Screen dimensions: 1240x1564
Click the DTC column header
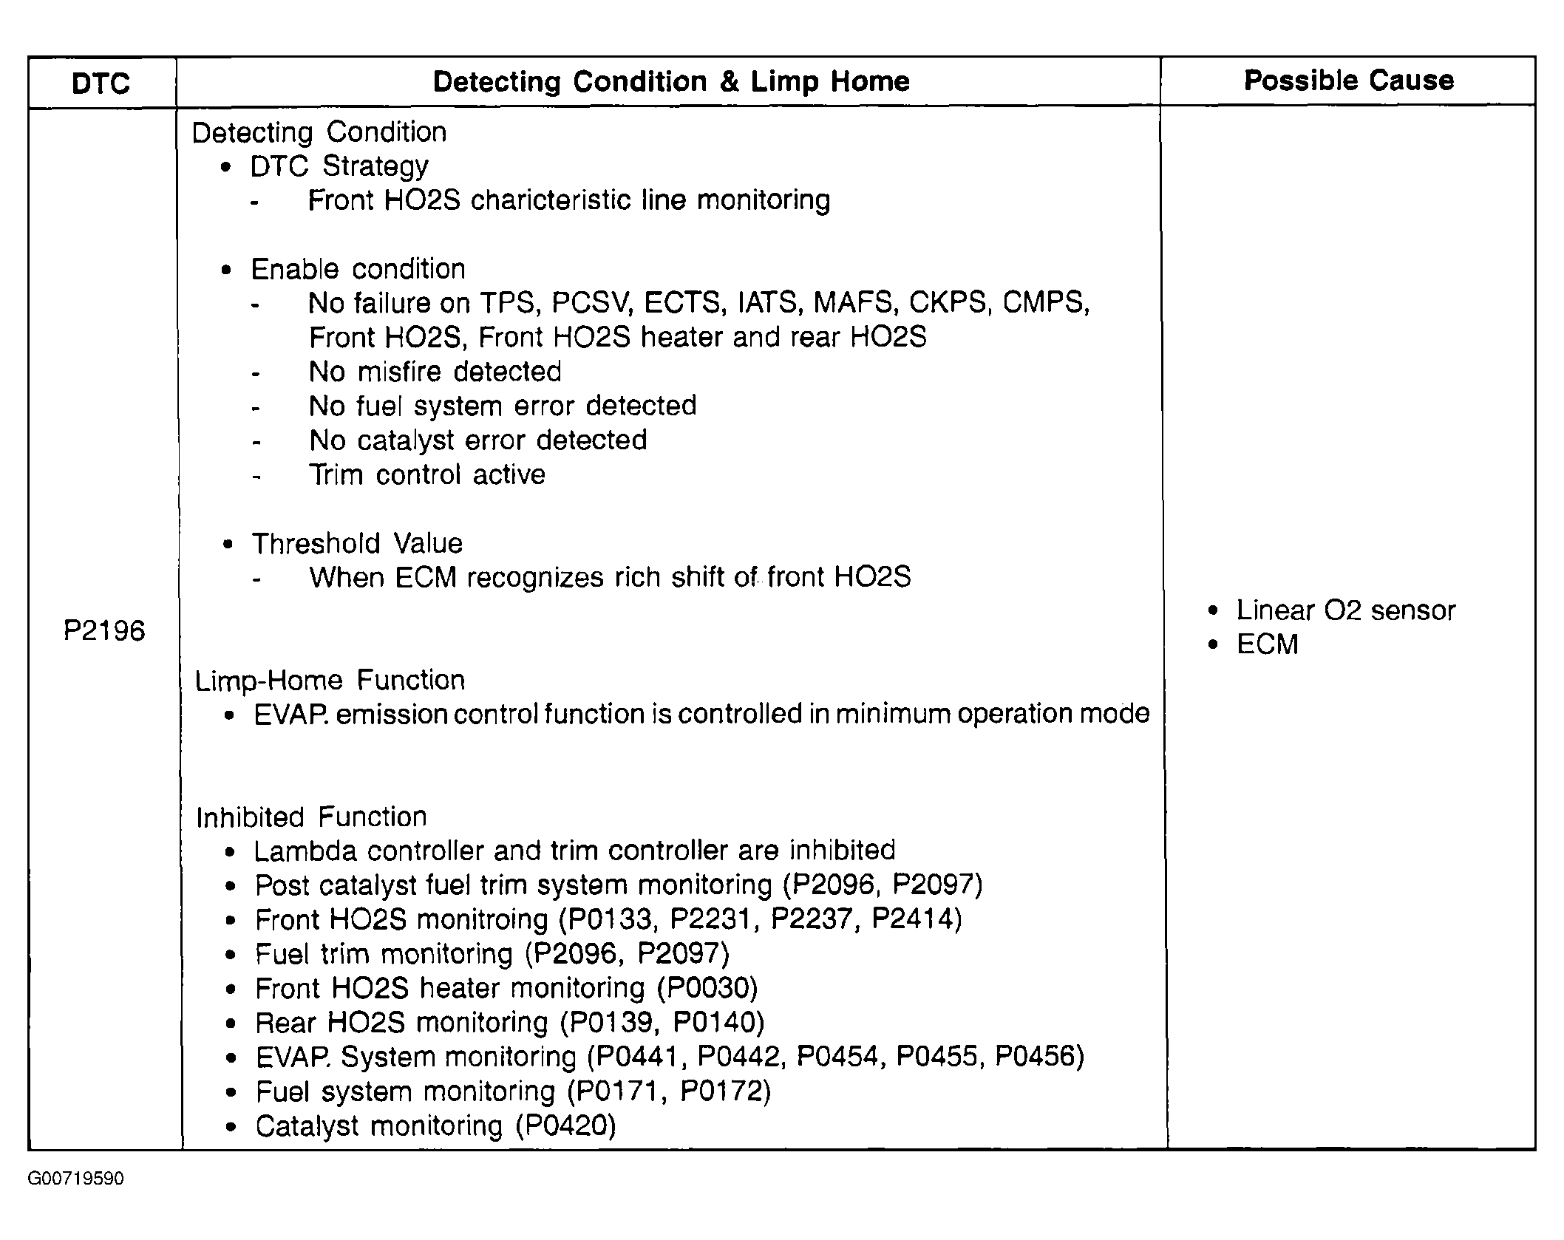tap(101, 83)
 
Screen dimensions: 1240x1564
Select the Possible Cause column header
tap(1348, 81)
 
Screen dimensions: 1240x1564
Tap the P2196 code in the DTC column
tap(104, 630)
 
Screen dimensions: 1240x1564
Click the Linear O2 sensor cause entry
tap(1345, 610)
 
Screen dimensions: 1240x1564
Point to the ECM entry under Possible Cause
tap(1267, 644)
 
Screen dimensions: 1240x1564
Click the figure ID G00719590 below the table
tap(76, 1179)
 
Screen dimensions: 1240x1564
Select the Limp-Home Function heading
tap(330, 680)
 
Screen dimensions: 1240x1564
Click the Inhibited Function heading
tap(311, 817)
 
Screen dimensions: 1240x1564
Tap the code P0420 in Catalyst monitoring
tap(565, 1125)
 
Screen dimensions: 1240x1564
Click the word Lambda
tap(306, 851)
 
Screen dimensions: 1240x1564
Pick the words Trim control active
tap(426, 474)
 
